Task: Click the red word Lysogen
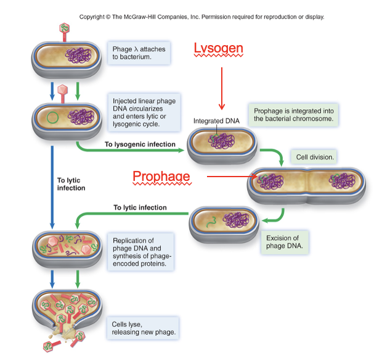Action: [x=219, y=49]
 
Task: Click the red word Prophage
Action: [x=161, y=177]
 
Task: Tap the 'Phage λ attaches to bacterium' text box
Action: [x=139, y=54]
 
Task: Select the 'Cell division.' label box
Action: [x=315, y=157]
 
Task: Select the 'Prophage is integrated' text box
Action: [x=293, y=114]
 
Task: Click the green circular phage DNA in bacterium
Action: [x=54, y=116]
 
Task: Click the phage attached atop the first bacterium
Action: [x=63, y=29]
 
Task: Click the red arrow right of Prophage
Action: [x=231, y=177]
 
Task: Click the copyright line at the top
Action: [x=201, y=17]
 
